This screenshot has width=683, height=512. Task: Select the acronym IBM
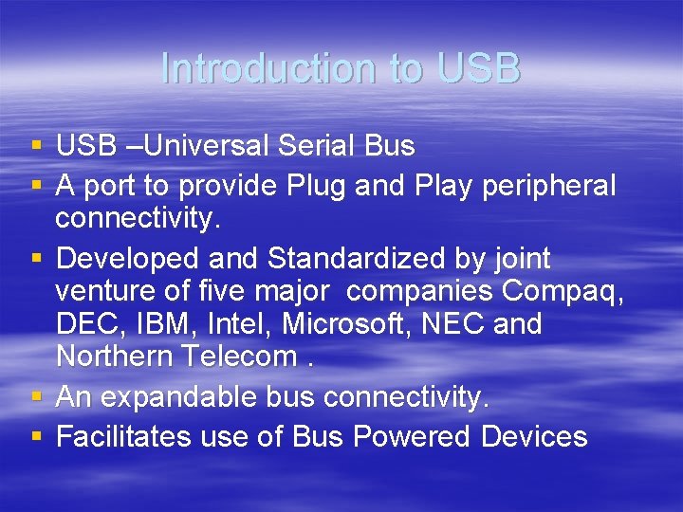tap(162, 324)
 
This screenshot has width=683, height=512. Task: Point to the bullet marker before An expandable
tap(36, 398)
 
